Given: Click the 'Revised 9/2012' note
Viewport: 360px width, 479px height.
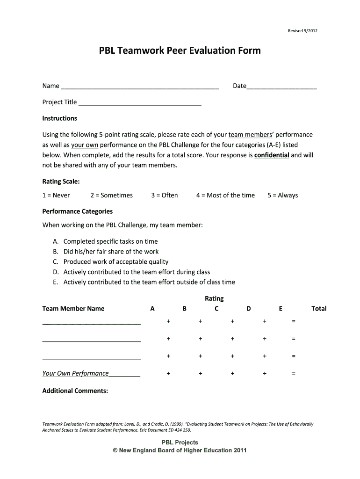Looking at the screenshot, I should [x=302, y=31].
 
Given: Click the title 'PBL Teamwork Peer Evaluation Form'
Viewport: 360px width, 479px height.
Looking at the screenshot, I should [x=180, y=51].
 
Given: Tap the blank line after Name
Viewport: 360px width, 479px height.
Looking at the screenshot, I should [x=140, y=87].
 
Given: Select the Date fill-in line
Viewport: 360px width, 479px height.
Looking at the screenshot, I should [x=281, y=87].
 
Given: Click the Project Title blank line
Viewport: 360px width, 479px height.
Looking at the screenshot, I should [x=140, y=103].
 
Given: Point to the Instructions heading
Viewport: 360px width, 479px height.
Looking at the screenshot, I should [x=60, y=118].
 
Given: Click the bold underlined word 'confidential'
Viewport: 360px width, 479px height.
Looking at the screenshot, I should [x=272, y=155].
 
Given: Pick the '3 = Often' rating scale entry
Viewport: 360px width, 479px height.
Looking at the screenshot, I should [x=165, y=195].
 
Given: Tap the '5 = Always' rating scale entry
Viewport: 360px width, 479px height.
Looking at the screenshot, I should [x=282, y=195].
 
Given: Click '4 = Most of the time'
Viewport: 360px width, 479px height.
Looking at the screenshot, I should [x=225, y=195].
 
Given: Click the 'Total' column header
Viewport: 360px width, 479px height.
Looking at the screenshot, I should [x=319, y=309].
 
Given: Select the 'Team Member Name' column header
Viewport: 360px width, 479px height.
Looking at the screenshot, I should [x=73, y=309].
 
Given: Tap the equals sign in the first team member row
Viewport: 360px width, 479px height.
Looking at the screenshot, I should [x=294, y=321].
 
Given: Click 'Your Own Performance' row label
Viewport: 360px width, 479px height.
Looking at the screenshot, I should [x=76, y=373].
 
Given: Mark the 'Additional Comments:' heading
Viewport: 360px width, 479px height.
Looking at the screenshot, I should [x=75, y=391].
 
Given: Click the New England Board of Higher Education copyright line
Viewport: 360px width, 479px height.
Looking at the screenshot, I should [x=180, y=450].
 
